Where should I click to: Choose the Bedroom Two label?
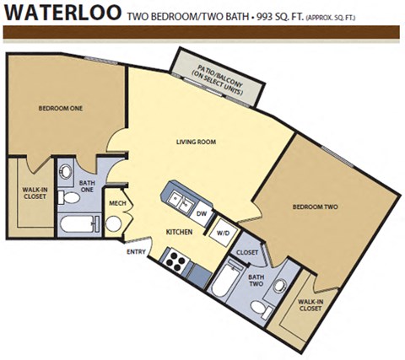click(315, 207)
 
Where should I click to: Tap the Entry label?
click(136, 251)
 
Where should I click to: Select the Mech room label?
click(116, 202)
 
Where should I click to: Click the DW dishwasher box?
click(202, 213)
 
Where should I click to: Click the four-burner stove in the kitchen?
click(174, 260)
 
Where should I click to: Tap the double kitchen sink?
click(178, 200)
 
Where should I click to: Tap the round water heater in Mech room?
click(113, 224)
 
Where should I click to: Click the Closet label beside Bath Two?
click(246, 252)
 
